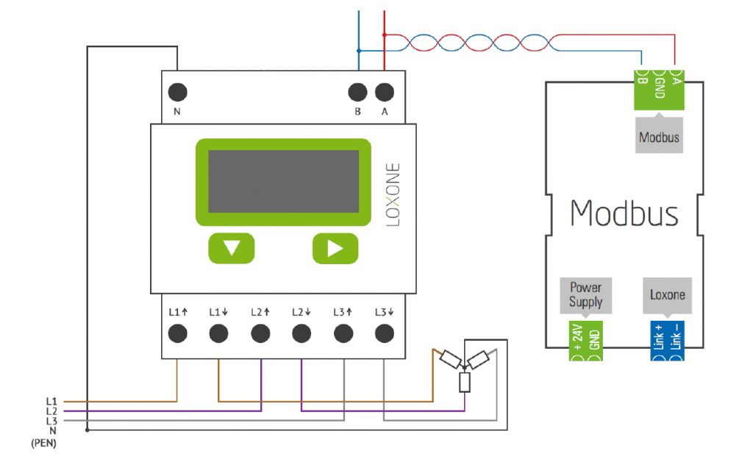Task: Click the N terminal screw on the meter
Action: tap(177, 93)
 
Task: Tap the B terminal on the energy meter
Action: tap(357, 93)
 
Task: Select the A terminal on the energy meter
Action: tap(384, 93)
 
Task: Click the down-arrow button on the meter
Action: tap(231, 248)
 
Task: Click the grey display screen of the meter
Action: tap(283, 182)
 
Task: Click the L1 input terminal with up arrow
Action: tap(177, 333)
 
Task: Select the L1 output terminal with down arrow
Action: tap(218, 333)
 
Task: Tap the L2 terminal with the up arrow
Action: tap(260, 333)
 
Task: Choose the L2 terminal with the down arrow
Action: tap(301, 333)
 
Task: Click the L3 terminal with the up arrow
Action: tap(342, 333)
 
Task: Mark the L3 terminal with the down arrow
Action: tap(383, 333)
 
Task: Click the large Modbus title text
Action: tap(624, 213)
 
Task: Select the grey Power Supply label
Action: tap(585, 295)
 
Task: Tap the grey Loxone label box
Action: tap(667, 295)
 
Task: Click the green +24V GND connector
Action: tap(585, 341)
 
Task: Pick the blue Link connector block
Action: tap(667, 341)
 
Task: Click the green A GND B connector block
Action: tap(659, 89)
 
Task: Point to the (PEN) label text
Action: tap(43, 444)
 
